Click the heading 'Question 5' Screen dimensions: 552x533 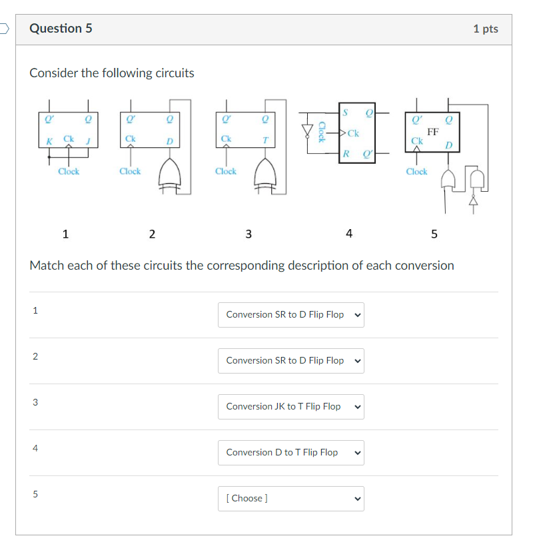click(61, 29)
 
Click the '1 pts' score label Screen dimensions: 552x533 click(485, 29)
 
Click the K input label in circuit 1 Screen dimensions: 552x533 click(49, 139)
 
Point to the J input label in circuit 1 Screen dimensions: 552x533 click(87, 139)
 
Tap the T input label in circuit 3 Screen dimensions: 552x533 click(265, 139)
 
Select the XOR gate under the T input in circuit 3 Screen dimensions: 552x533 click(266, 175)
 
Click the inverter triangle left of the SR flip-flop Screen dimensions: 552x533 click(307, 130)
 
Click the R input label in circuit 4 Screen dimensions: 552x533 click(345, 154)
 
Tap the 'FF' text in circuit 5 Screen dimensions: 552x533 click(432, 133)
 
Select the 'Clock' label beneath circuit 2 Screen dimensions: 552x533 click(130, 171)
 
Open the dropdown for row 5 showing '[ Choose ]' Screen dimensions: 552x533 click(290, 498)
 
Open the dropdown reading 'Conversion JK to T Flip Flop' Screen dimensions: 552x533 click(290, 406)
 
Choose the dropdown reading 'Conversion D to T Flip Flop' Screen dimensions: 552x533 click(290, 452)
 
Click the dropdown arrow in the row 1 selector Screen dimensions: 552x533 click(357, 314)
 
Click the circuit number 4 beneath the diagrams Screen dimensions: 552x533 click(349, 233)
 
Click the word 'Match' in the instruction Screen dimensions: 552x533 click(46, 266)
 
